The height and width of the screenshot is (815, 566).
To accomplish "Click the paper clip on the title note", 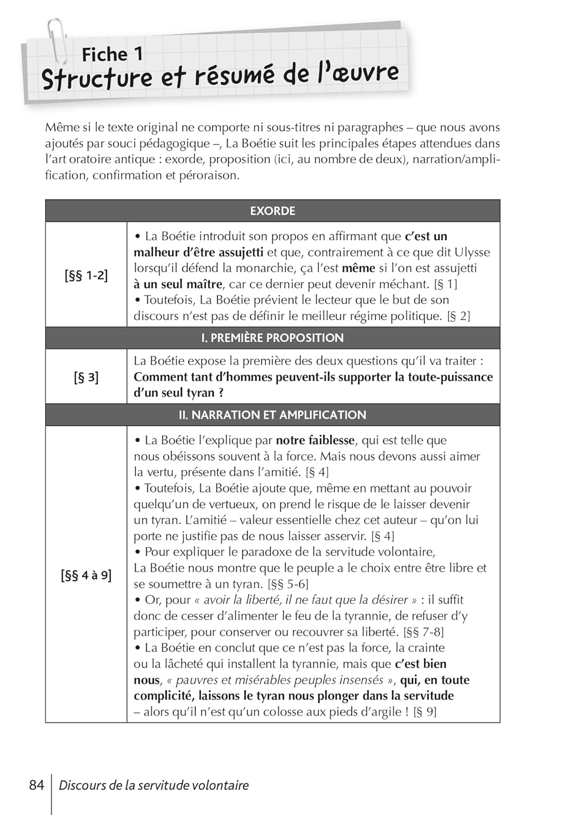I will (56, 41).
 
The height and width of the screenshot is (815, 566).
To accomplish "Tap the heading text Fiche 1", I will (112, 54).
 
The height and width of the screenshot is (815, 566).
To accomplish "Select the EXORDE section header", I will (272, 211).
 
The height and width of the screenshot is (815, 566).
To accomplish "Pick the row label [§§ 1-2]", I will (86, 275).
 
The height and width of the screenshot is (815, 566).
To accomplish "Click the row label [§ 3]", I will (86, 377).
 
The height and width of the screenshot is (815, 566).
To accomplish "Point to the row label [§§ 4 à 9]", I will (86, 575).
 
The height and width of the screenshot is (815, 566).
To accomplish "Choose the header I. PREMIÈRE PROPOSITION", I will (272, 338).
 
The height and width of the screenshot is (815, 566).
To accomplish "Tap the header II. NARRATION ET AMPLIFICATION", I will (272, 415).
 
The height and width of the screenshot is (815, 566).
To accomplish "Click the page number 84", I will (36, 785).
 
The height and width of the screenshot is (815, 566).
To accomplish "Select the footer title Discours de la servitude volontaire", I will (154, 785).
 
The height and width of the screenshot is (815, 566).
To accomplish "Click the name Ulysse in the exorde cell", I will (472, 252).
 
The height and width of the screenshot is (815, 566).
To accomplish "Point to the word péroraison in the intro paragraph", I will (209, 175).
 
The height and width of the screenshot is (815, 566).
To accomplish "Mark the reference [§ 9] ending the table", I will (425, 712).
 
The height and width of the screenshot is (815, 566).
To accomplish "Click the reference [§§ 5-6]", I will (288, 584).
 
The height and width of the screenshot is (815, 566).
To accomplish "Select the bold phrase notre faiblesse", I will (315, 440).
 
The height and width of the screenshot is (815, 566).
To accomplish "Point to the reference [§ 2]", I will (458, 316).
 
